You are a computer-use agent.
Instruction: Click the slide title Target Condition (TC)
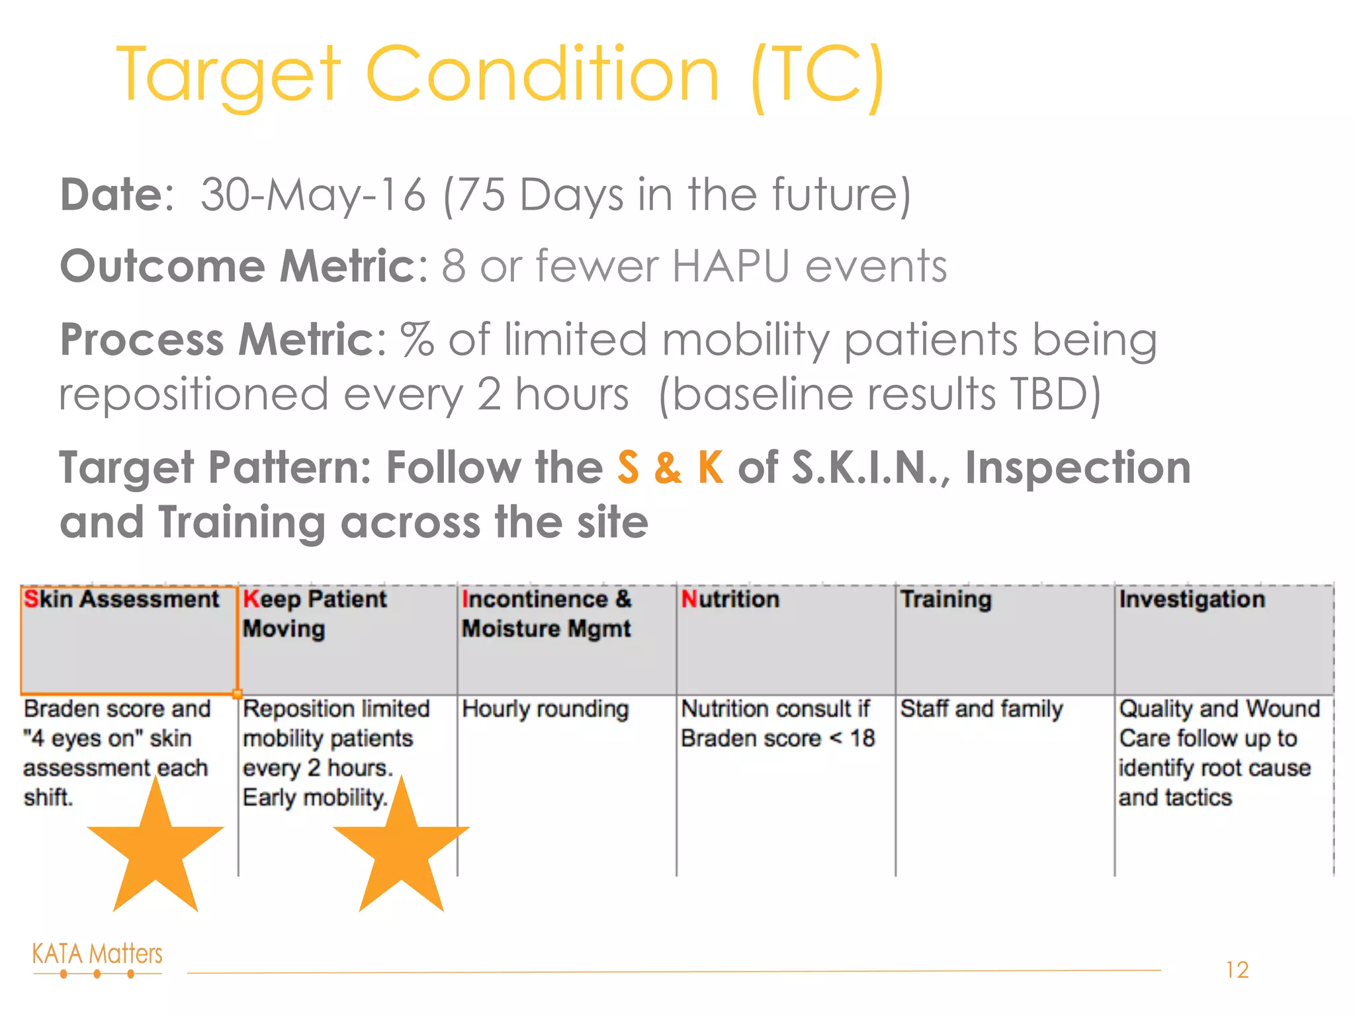pos(501,74)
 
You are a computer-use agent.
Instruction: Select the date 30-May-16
pos(313,194)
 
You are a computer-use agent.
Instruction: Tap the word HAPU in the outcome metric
pos(730,266)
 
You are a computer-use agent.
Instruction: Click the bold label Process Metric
pos(218,339)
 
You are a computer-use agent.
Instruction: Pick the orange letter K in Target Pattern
pos(711,468)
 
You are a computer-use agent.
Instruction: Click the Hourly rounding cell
pos(545,709)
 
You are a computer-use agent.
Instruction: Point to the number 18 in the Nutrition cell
pos(863,738)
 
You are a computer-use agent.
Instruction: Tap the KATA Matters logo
pos(97,959)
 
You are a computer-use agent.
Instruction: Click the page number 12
pos(1237,970)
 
